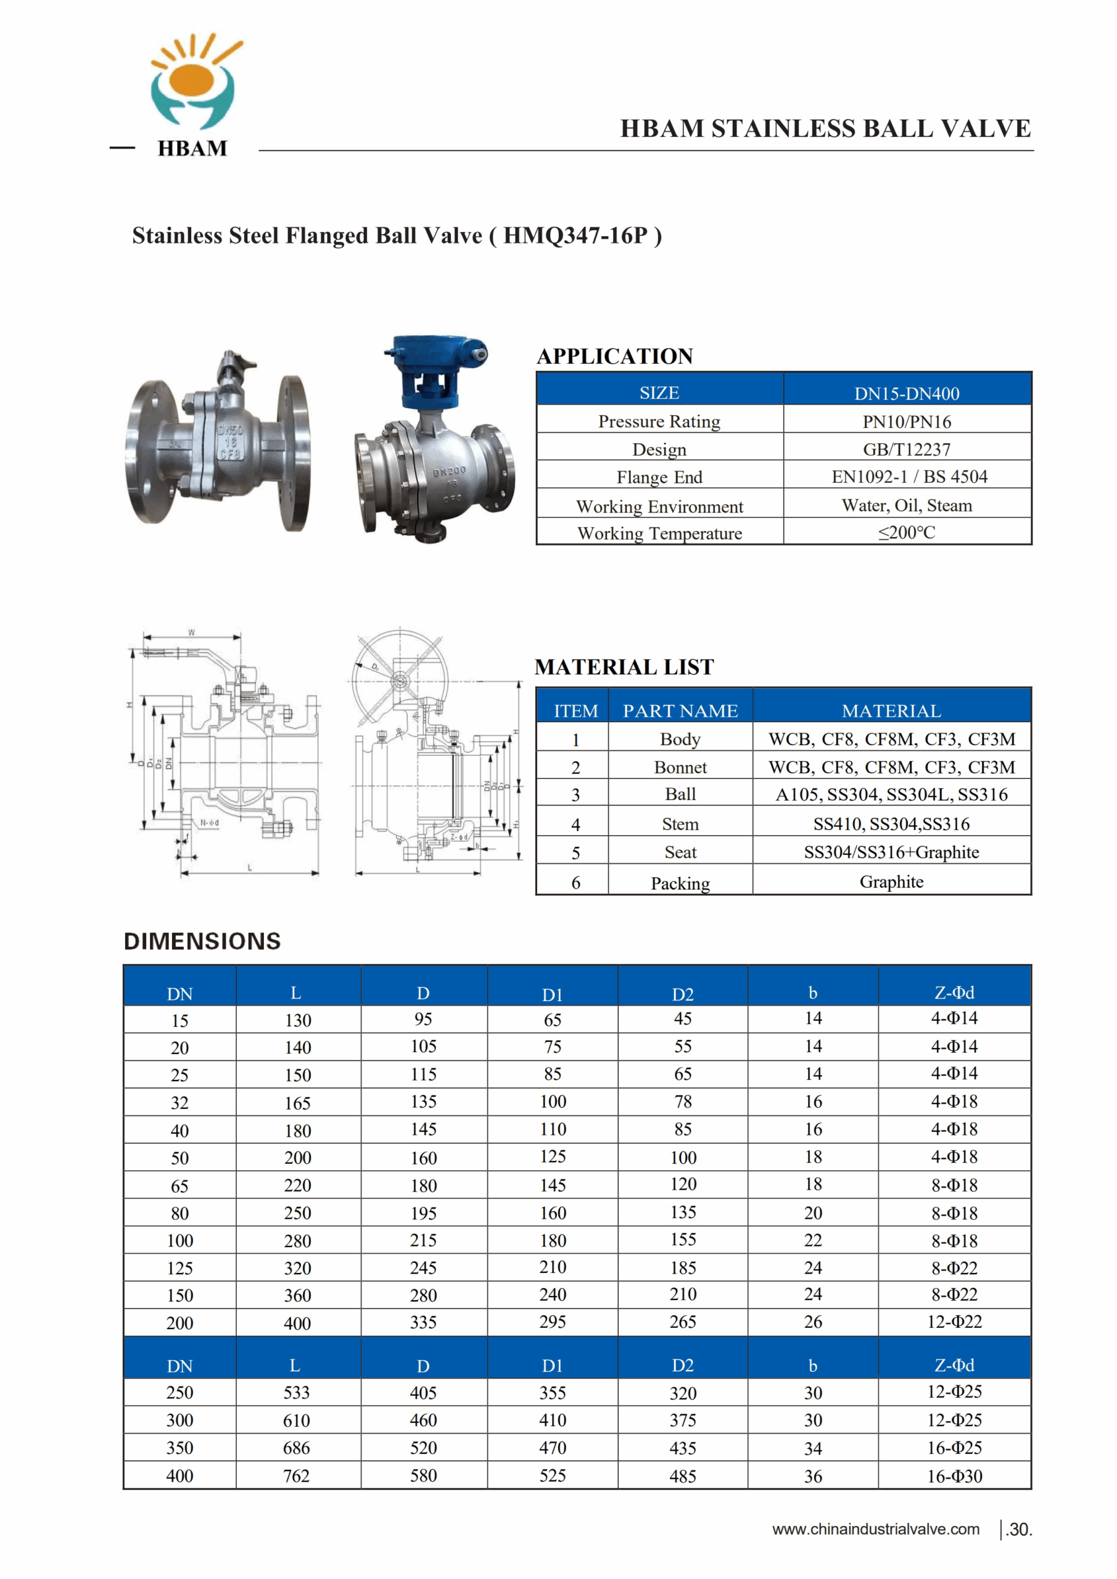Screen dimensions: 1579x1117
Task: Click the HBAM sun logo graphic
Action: click(x=194, y=83)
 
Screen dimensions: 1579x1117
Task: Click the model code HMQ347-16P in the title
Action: click(x=575, y=236)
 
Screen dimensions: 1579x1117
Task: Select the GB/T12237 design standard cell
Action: click(x=907, y=450)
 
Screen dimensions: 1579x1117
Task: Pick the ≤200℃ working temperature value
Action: click(x=907, y=533)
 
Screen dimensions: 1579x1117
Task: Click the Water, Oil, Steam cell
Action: click(x=907, y=506)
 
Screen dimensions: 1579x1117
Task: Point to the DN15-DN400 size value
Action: click(x=907, y=394)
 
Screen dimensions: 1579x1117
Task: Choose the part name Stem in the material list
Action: click(x=680, y=824)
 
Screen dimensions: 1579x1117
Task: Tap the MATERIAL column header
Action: click(x=891, y=711)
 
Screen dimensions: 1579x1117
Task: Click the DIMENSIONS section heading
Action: click(x=202, y=941)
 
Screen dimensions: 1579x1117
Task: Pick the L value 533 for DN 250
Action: click(x=297, y=1393)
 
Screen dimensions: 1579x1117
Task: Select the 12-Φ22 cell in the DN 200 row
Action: click(x=955, y=1322)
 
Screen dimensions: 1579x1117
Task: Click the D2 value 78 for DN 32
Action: click(x=683, y=1102)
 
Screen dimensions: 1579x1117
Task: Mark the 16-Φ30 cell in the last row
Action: click(x=955, y=1477)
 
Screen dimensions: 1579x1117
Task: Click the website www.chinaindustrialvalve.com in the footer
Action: click(x=876, y=1530)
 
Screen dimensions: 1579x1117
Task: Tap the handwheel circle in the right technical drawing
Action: click(x=400, y=680)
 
